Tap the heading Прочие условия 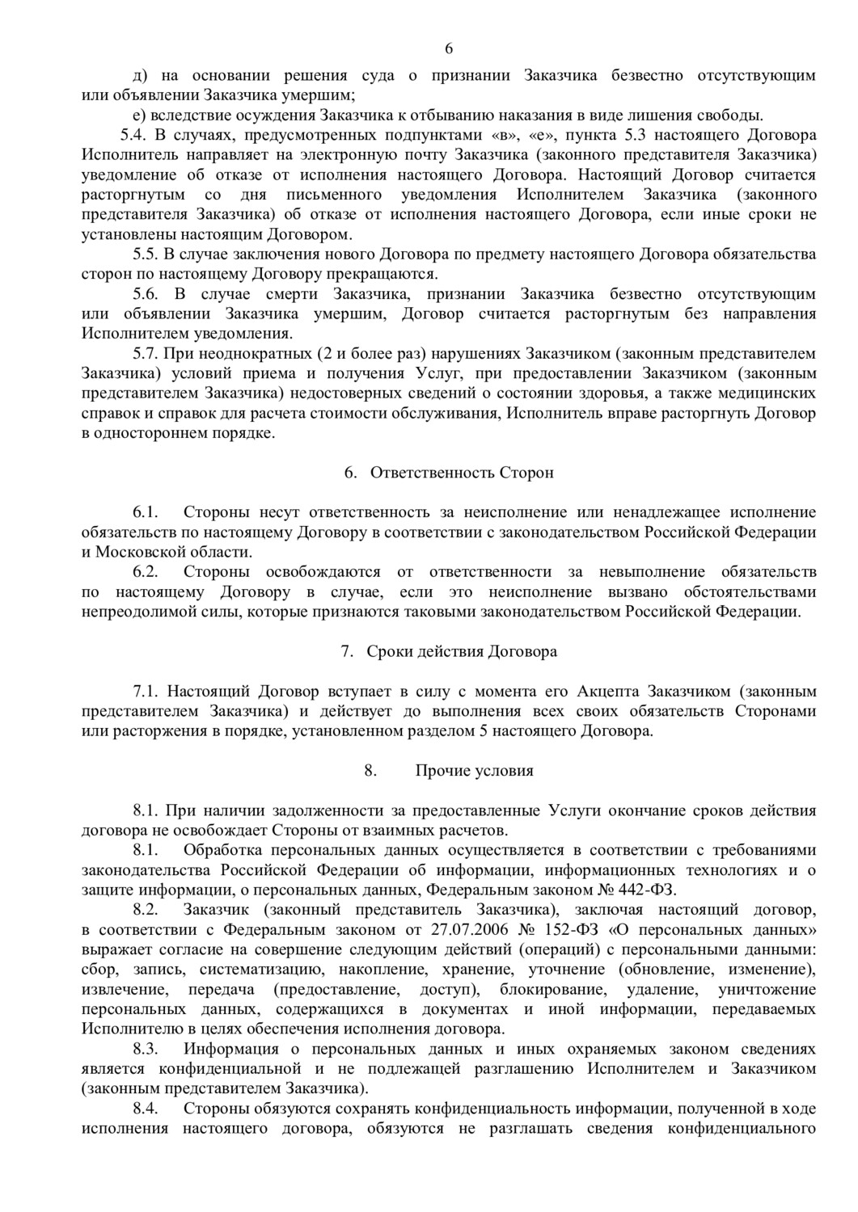pyautogui.click(x=474, y=770)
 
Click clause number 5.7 pyautogui.click(x=146, y=353)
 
